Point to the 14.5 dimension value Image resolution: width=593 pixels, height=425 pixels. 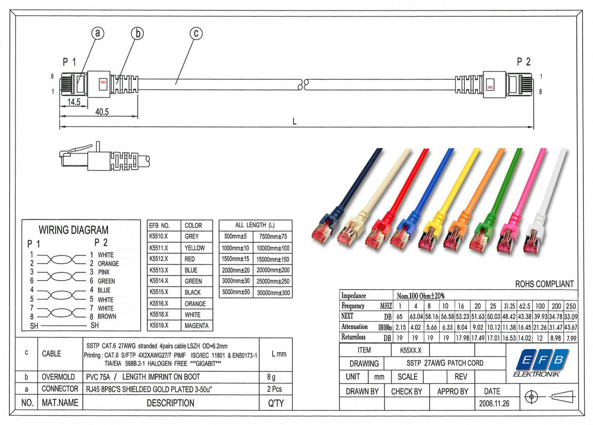pos(74,102)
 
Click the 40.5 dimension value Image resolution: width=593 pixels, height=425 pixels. pos(102,112)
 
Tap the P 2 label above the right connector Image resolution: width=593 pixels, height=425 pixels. pos(524,62)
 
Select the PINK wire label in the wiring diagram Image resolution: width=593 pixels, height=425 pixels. pos(104,272)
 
